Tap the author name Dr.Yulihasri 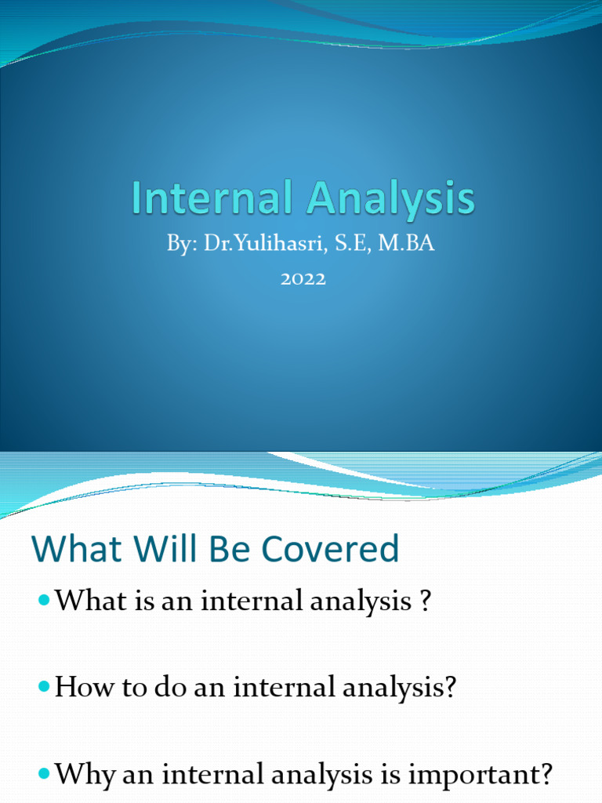(x=259, y=245)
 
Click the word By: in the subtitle (x=183, y=245)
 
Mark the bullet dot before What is (x=43, y=601)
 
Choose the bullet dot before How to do (x=43, y=688)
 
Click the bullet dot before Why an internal (x=43, y=776)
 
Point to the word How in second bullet (x=82, y=689)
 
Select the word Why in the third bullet (x=84, y=776)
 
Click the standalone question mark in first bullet (x=426, y=601)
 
